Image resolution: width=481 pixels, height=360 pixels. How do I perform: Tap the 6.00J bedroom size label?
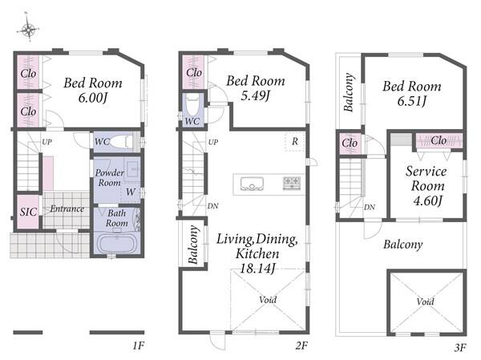[x=92, y=98]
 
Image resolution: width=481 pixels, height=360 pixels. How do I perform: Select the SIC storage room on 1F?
[x=28, y=212]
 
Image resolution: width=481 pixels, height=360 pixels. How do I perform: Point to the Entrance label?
[x=67, y=209]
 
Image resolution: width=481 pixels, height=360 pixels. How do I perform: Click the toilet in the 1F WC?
[x=122, y=142]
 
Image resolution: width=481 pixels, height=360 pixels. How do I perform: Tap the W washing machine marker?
[x=131, y=192]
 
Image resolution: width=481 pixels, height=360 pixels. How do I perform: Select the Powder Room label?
[x=109, y=178]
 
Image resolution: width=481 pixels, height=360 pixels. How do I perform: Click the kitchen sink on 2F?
[x=252, y=184]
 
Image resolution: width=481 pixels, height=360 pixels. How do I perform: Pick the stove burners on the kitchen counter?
[x=292, y=184]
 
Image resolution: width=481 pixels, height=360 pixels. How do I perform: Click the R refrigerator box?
[x=294, y=141]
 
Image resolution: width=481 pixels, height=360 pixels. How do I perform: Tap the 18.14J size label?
[x=257, y=269]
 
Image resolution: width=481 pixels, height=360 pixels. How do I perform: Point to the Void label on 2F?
[x=268, y=300]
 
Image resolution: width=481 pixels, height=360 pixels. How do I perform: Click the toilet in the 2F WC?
[x=192, y=105]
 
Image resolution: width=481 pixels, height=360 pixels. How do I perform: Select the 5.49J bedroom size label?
[x=255, y=96]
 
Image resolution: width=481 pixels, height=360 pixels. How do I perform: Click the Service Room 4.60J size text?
[x=427, y=200]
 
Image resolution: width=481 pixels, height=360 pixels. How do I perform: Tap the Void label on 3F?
[x=425, y=301]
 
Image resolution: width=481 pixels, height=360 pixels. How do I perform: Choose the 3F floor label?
[x=460, y=348]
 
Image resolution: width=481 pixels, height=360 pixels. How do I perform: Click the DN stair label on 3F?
[x=370, y=208]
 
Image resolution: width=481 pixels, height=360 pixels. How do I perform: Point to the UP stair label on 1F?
[x=46, y=142]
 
